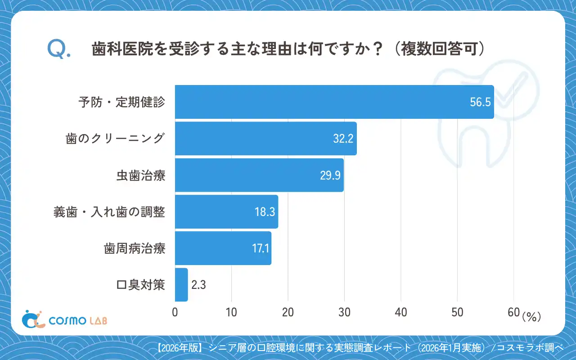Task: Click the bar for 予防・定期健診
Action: [334, 102]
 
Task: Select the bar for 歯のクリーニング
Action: [265, 139]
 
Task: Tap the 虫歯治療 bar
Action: [259, 175]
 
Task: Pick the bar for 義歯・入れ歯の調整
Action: [226, 211]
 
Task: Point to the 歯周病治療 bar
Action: [223, 248]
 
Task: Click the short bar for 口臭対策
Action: [181, 284]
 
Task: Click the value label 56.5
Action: [480, 102]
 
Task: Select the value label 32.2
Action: [342, 139]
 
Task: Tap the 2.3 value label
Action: [198, 285]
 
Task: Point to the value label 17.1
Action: [261, 248]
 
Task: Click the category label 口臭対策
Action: [140, 285]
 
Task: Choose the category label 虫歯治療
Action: [140, 175]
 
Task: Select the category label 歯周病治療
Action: [135, 248]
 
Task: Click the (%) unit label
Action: [531, 317]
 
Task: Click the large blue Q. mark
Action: [58, 49]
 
